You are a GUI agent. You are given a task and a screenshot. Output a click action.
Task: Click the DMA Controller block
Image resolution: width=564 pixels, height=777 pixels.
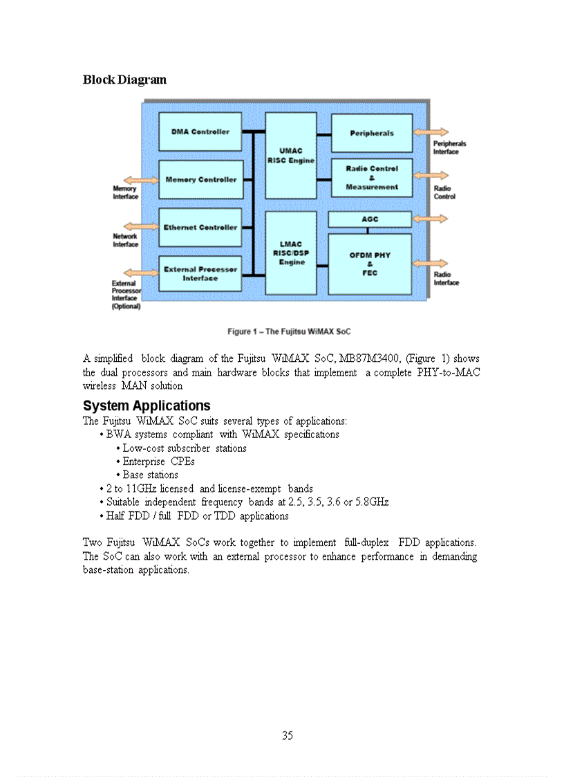point(200,131)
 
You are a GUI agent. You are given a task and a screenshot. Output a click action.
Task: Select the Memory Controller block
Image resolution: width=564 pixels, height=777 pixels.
point(200,180)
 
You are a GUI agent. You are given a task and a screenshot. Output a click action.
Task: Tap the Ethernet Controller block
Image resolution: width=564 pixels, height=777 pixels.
point(200,228)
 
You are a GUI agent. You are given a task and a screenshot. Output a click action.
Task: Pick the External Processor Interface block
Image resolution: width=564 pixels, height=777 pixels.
point(200,274)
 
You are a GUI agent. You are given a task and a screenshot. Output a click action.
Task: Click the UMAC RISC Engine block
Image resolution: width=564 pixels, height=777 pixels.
point(291,156)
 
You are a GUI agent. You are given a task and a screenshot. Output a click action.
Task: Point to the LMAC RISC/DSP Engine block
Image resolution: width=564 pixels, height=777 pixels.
point(291,253)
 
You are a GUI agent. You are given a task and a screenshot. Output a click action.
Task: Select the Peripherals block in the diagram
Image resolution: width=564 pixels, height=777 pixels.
point(372,133)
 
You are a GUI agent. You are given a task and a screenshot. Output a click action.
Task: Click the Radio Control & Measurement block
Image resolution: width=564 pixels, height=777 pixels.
point(372,178)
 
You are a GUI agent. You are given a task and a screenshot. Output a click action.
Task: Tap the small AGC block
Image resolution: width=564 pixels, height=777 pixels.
point(370,219)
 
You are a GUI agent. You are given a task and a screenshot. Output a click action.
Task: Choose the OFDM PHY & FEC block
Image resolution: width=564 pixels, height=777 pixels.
point(370,264)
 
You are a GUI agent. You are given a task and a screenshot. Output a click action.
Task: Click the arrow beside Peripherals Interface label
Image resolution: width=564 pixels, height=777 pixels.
point(431,131)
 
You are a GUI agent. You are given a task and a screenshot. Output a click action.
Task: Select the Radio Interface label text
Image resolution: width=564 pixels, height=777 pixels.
point(446,279)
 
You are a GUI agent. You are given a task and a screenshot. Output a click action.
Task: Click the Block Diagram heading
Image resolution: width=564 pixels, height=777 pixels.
point(124,80)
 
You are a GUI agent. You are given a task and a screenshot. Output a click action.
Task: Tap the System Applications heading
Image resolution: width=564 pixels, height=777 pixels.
point(147,405)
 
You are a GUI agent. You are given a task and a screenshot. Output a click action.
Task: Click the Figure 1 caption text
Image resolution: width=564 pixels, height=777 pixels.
point(289,331)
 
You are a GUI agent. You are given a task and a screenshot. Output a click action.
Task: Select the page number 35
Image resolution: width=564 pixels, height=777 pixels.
point(288,735)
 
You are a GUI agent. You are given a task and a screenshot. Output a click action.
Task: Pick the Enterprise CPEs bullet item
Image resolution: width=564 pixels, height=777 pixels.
point(158,461)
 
